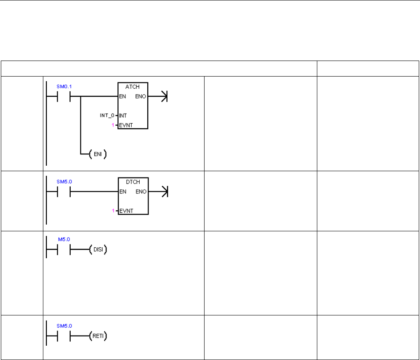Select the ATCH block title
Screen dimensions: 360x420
tap(133, 86)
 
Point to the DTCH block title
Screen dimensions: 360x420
tap(133, 182)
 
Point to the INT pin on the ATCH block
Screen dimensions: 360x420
tap(123, 115)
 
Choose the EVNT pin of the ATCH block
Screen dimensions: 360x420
tap(126, 125)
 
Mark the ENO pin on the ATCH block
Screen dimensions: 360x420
tap(141, 96)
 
